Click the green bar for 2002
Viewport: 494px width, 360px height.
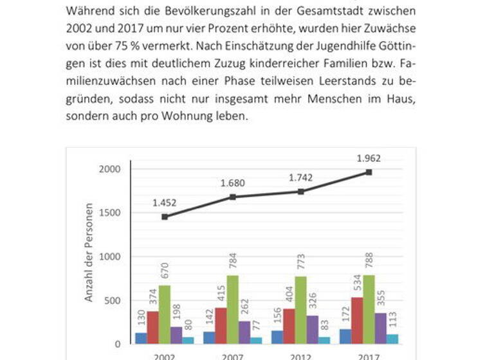(x=165, y=314)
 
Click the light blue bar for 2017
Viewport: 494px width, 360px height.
(x=392, y=339)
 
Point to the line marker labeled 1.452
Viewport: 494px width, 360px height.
(x=165, y=217)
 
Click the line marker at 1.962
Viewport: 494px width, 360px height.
(x=369, y=172)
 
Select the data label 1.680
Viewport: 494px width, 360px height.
(x=232, y=184)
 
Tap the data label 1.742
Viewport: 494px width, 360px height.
(x=300, y=179)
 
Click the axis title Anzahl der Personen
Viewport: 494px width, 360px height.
(x=89, y=253)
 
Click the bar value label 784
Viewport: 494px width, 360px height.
(x=233, y=263)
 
